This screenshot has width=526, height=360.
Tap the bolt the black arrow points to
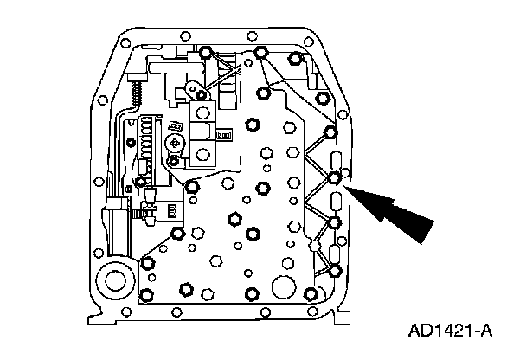pos(335,178)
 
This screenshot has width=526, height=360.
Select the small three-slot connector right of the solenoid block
pos(223,135)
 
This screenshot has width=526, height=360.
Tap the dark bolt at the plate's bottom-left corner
pos(147,263)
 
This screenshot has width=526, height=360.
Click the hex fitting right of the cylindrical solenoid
pos(146,209)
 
